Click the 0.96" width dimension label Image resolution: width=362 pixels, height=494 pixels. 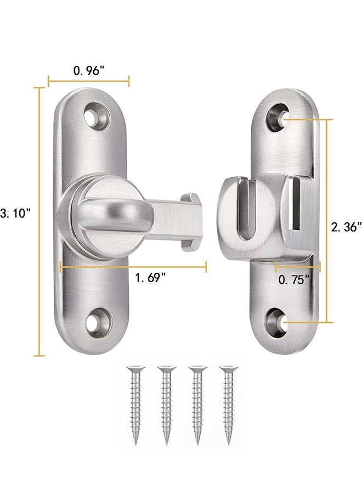pyautogui.click(x=88, y=71)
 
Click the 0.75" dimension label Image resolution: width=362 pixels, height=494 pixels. pyautogui.click(x=294, y=279)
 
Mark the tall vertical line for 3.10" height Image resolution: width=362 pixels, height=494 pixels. pyautogui.click(x=39, y=220)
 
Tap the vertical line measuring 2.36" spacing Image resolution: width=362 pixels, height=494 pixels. pyautogui.click(x=327, y=220)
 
